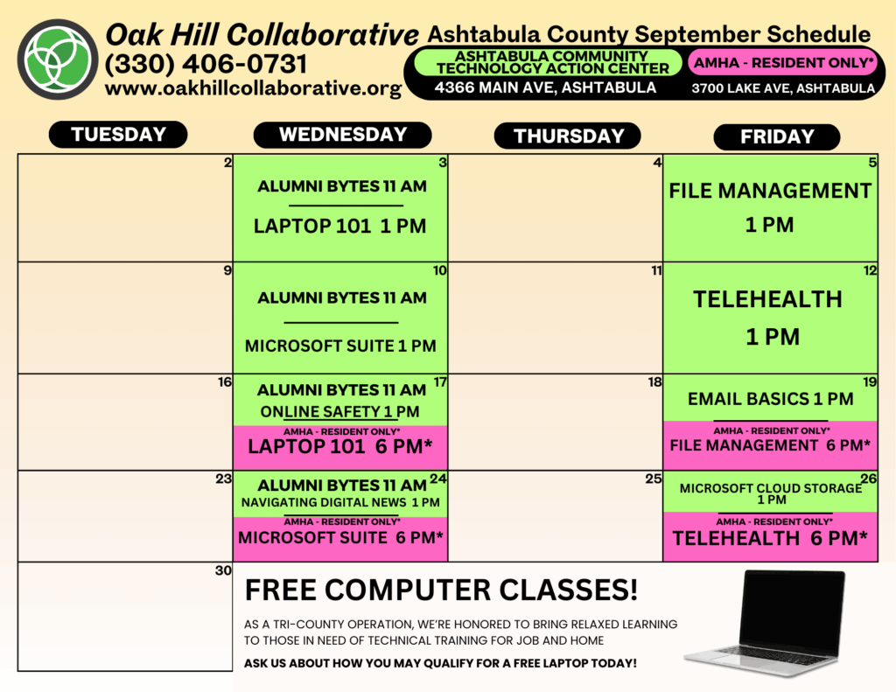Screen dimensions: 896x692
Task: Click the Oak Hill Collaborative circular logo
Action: [x=58, y=59]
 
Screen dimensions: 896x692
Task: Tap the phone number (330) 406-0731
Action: [x=206, y=64]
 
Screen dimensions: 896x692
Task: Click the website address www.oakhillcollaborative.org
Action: [x=253, y=88]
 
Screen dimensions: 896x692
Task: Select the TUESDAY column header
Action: [x=118, y=134]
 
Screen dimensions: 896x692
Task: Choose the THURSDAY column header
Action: [x=567, y=136]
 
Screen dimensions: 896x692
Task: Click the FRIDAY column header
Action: [x=777, y=136]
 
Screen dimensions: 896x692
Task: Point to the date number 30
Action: [x=223, y=570]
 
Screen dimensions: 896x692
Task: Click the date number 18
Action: [x=654, y=381]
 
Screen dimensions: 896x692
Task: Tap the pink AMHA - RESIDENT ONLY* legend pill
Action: [x=783, y=62]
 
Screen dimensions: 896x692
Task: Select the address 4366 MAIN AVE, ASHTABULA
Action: [x=545, y=87]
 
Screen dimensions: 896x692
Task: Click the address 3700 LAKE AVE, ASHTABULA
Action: [x=783, y=88]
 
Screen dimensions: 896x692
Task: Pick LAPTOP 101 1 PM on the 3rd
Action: [x=340, y=227]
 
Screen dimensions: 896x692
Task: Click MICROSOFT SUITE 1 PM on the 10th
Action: [x=340, y=346]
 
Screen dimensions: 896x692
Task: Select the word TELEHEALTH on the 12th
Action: [x=767, y=299]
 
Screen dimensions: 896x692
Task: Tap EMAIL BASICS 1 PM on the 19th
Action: [x=770, y=399]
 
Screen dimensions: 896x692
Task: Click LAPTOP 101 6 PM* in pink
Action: [x=340, y=446]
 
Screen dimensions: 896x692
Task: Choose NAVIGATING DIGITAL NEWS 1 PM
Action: [x=340, y=502]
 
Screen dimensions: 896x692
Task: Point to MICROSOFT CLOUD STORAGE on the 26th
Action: [x=771, y=488]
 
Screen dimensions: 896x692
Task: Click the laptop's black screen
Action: [x=791, y=610]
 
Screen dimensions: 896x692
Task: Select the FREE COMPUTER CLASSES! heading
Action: [x=441, y=590]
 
